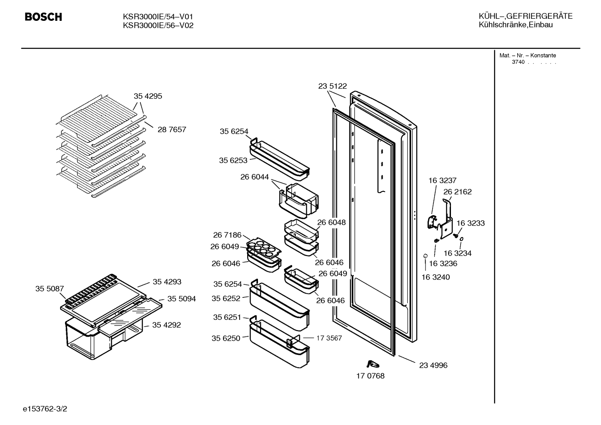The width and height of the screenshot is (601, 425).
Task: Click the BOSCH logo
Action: pyautogui.click(x=43, y=17)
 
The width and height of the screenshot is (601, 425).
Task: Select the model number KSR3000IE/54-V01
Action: pyautogui.click(x=158, y=17)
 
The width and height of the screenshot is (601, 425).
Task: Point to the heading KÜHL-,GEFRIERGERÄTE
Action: pyautogui.click(x=526, y=16)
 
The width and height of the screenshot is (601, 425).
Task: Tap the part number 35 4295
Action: pyautogui.click(x=148, y=96)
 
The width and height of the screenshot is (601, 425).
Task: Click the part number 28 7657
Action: pyautogui.click(x=172, y=130)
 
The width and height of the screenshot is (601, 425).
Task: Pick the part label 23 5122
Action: pyautogui.click(x=333, y=86)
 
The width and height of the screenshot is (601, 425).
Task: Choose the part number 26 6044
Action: pyautogui.click(x=254, y=177)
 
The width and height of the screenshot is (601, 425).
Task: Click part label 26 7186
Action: pyautogui.click(x=227, y=235)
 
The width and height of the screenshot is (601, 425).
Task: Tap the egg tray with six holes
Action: pyautogui.click(x=263, y=248)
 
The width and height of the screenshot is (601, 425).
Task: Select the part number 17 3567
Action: pyautogui.click(x=329, y=338)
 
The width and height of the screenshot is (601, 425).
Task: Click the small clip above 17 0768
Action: pyautogui.click(x=373, y=364)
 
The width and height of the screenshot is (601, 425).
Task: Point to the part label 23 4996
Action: pyautogui.click(x=433, y=365)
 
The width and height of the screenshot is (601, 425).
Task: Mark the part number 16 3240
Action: pyautogui.click(x=436, y=277)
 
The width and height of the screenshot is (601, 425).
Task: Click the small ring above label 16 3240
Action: pyautogui.click(x=425, y=256)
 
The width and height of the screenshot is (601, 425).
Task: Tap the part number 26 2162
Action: pyautogui.click(x=458, y=192)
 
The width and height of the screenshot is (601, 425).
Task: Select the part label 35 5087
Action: pyautogui.click(x=50, y=289)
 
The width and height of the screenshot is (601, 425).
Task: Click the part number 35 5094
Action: pyautogui.click(x=182, y=299)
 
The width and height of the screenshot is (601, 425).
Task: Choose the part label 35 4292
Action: pyautogui.click(x=167, y=325)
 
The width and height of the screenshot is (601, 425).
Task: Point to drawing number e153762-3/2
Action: pyautogui.click(x=45, y=409)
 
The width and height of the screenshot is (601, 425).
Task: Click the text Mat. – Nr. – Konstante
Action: pyautogui.click(x=528, y=55)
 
